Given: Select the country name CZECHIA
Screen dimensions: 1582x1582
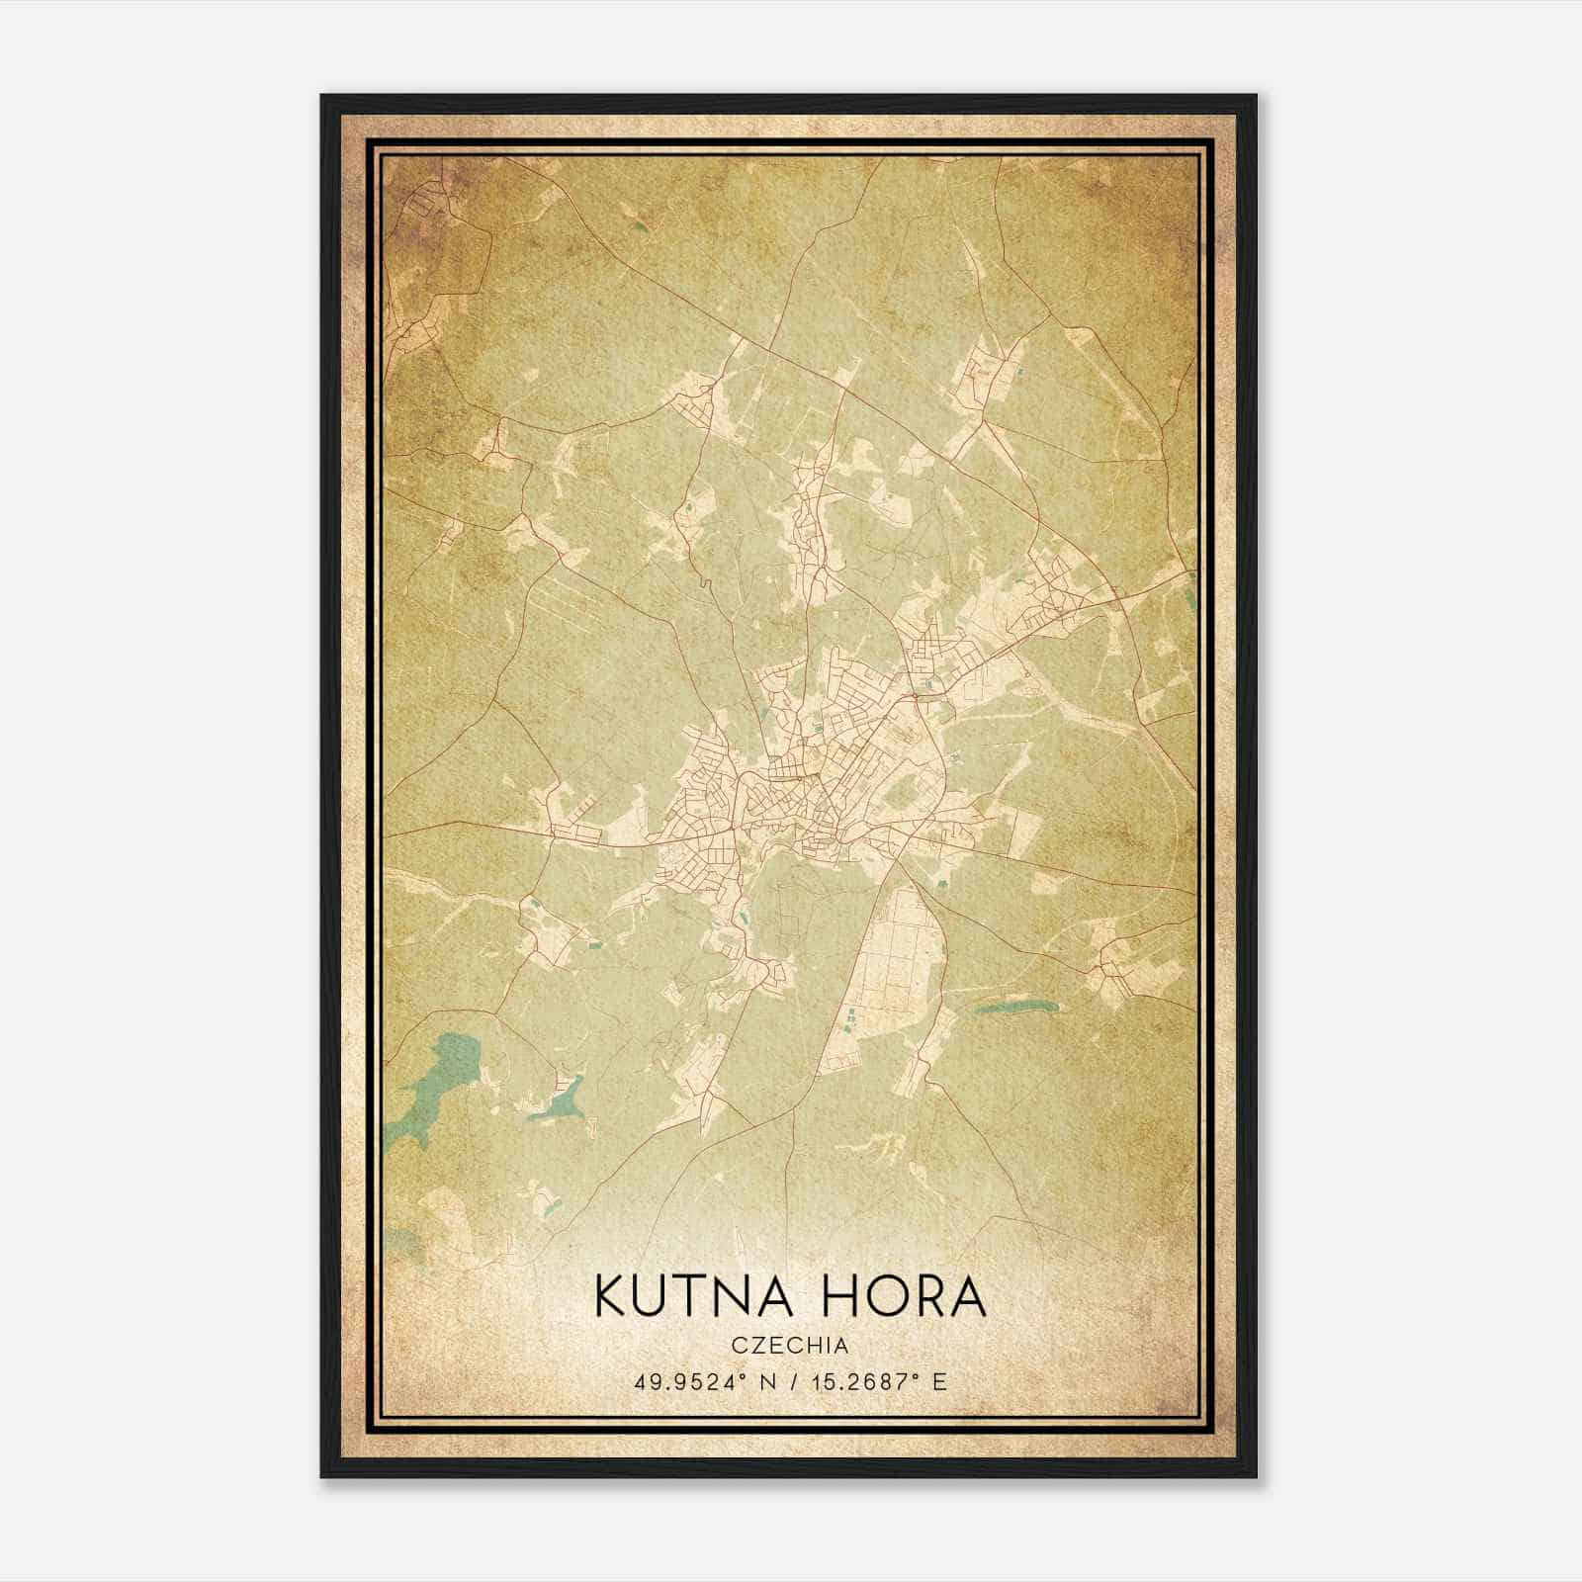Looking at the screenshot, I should (790, 1345).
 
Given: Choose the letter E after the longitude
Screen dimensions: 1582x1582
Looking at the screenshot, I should (939, 1381).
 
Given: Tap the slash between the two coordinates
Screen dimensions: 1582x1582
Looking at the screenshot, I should (784, 1381).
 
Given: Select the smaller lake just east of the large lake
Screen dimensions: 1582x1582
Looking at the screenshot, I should (562, 1099).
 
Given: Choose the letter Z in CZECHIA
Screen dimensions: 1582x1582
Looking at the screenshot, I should (758, 1345).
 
